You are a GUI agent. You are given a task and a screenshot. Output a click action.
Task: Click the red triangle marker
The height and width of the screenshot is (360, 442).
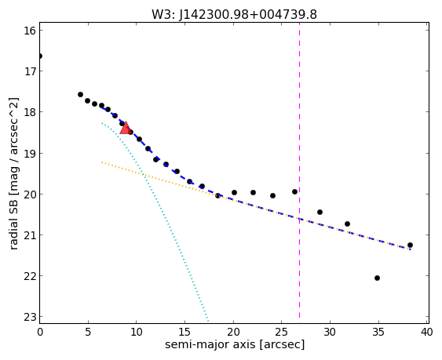125,128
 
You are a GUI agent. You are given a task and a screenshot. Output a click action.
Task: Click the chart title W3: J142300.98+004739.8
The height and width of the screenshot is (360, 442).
234,15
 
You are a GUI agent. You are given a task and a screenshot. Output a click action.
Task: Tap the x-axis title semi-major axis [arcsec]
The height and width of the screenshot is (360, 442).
235,344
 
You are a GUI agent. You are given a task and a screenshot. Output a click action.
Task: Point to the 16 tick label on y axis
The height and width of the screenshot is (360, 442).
30,31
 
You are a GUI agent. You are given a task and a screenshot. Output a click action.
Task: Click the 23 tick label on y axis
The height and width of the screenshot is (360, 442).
30,317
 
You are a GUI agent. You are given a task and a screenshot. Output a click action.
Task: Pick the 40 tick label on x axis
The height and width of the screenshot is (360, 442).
427,332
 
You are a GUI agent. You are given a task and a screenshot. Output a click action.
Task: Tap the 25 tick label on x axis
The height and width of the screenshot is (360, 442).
282,332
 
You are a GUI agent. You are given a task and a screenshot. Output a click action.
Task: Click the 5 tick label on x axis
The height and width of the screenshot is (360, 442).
88,332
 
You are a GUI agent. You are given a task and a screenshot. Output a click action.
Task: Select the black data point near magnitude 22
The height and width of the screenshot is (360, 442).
377,278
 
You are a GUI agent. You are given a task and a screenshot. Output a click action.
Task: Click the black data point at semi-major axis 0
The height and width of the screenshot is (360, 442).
40,56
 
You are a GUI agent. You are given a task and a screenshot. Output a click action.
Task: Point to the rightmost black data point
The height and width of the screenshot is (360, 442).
410,245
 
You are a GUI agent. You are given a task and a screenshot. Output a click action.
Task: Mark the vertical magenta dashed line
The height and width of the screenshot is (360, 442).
299,170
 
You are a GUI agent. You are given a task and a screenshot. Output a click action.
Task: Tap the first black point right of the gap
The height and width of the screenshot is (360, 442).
80,94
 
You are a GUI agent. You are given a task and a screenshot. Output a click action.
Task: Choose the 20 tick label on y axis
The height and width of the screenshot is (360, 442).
30,194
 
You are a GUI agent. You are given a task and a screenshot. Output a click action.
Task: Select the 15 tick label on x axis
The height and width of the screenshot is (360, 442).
184,332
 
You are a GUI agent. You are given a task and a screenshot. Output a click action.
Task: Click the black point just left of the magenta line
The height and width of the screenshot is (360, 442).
295,192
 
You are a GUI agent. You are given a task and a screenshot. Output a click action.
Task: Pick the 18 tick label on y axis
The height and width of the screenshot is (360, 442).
30,112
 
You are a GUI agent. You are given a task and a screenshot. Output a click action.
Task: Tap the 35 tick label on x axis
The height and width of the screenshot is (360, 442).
378,332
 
